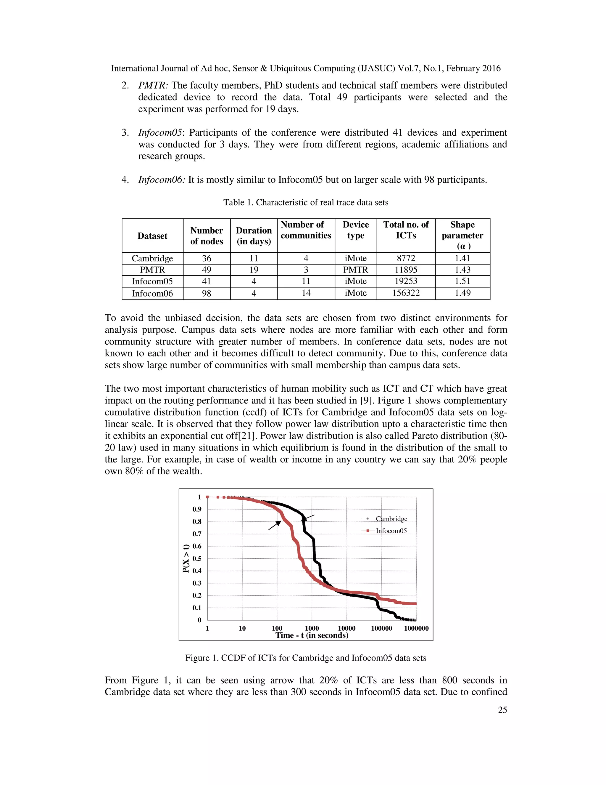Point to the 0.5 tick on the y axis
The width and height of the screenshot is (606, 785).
pyautogui.click(x=197, y=559)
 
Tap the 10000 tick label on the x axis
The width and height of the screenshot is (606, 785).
pyautogui.click(x=346, y=628)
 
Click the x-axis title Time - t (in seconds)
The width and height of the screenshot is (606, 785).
pyautogui.click(x=312, y=635)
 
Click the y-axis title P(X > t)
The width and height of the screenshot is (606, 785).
pyautogui.click(x=186, y=559)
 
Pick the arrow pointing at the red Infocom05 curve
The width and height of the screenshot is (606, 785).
pyautogui.click(x=275, y=525)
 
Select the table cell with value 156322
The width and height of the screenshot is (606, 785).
pyautogui.click(x=406, y=293)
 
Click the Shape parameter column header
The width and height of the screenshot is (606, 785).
pyautogui.click(x=462, y=235)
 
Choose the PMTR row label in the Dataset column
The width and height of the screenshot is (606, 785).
pyautogui.click(x=153, y=270)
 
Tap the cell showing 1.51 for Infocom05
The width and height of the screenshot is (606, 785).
pyautogui.click(x=462, y=281)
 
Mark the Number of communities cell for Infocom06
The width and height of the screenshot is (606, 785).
pyautogui.click(x=306, y=293)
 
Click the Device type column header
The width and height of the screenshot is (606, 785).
pyautogui.click(x=355, y=230)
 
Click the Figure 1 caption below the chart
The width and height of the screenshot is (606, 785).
pyautogui.click(x=305, y=658)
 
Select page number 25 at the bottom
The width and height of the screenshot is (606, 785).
pyautogui.click(x=502, y=710)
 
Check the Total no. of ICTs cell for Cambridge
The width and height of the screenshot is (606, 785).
pyautogui.click(x=406, y=258)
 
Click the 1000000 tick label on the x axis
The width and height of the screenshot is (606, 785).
pyautogui.click(x=416, y=628)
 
